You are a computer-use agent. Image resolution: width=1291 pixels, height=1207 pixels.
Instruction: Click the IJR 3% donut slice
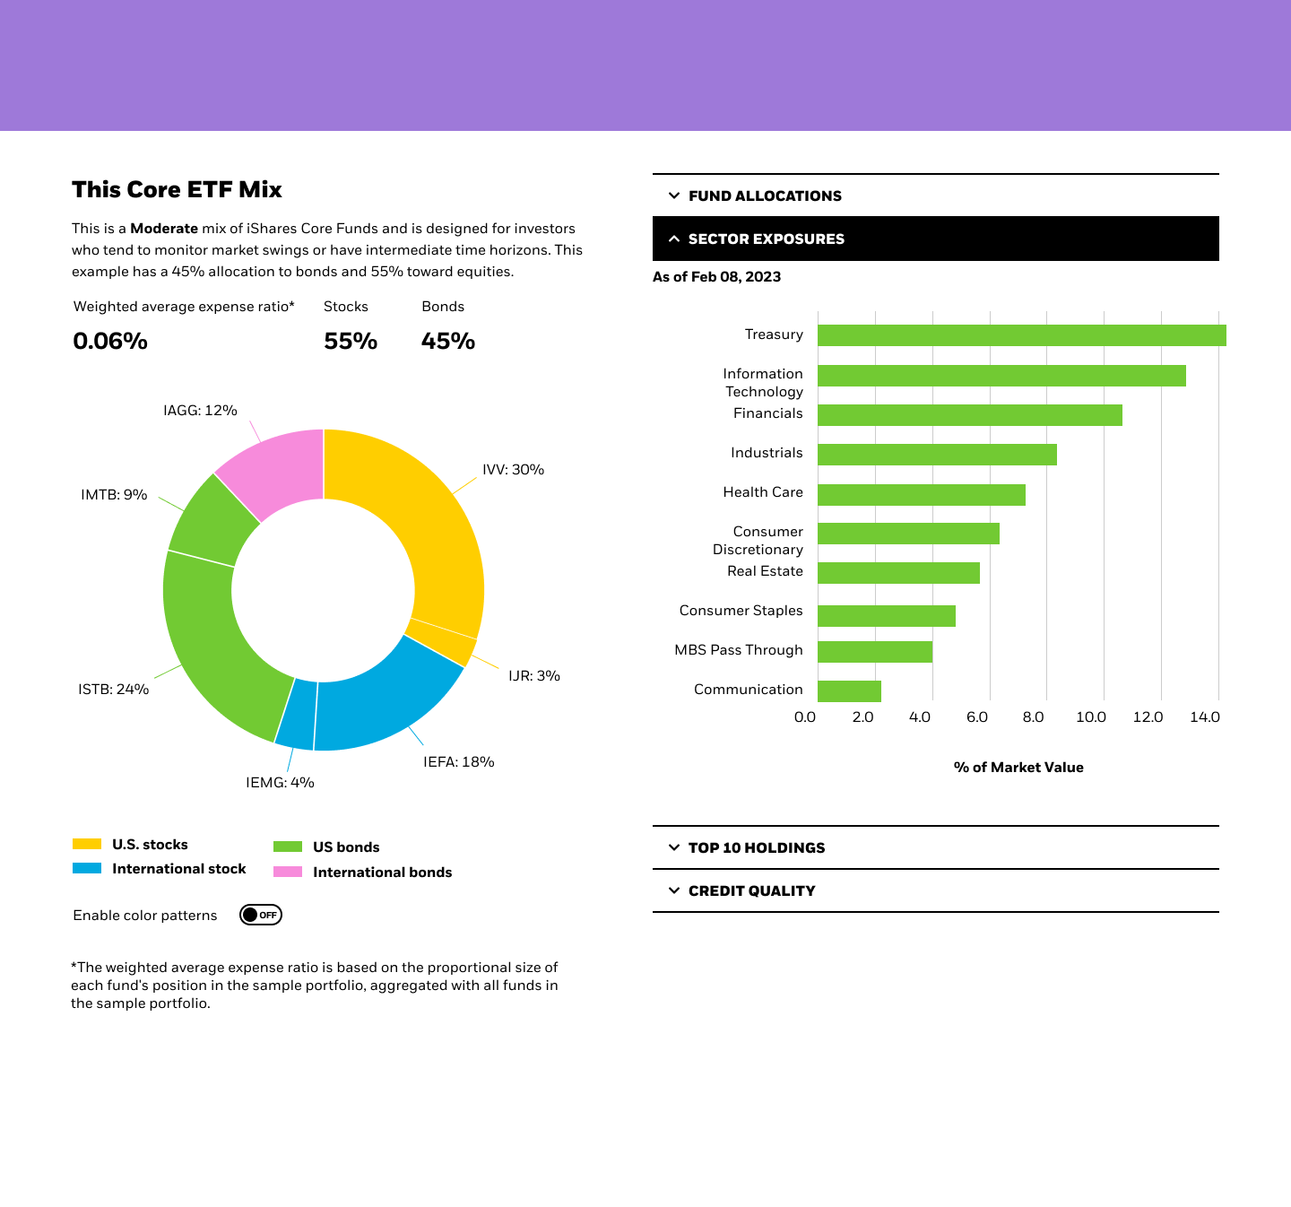pos(443,641)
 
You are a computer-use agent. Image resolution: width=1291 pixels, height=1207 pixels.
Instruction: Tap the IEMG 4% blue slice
pos(297,714)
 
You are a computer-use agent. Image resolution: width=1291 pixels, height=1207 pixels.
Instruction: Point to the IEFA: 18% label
pos(458,762)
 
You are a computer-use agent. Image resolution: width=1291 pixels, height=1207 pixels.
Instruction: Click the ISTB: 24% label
pos(113,690)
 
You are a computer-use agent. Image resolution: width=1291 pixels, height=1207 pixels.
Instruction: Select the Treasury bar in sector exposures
pos(1021,335)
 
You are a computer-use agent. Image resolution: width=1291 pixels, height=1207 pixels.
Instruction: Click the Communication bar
pos(849,691)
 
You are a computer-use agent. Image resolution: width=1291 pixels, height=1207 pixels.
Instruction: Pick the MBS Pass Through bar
pos(875,652)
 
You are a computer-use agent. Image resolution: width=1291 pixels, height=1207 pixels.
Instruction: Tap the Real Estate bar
pos(898,573)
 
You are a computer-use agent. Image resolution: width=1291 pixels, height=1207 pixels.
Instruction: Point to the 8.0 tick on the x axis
pos(1033,717)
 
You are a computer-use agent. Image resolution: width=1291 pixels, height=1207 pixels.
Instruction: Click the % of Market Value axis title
pos(1018,768)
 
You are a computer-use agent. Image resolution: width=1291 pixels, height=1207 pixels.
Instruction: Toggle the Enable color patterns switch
pos(261,915)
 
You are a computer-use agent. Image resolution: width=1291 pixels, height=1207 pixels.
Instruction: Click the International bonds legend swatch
pos(288,872)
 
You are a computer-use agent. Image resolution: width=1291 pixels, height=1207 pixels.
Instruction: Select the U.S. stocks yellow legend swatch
pos(87,844)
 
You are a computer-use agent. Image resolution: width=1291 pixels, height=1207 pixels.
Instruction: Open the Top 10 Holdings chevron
pos(674,847)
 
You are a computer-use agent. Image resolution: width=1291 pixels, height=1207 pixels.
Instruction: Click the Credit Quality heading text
pos(751,890)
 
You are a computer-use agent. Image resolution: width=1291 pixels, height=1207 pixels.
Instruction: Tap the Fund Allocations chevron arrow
pos(674,195)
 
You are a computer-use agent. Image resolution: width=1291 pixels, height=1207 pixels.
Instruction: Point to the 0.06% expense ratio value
pos(110,341)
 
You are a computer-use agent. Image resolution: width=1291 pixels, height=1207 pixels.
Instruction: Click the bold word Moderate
pos(164,229)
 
